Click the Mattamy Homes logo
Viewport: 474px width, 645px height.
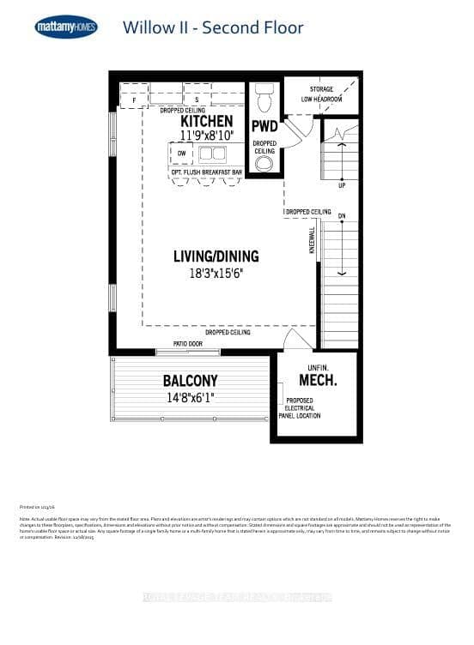(66, 27)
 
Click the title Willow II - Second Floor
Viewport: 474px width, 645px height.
(213, 27)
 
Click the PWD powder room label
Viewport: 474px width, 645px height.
(264, 127)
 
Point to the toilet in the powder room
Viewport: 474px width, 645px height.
(264, 98)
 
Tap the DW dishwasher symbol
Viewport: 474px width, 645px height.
(181, 154)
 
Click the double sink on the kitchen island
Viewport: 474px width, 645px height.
(211, 154)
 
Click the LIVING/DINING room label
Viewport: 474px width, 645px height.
(216, 256)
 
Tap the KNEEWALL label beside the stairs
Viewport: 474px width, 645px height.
(313, 239)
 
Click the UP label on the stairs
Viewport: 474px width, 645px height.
(341, 184)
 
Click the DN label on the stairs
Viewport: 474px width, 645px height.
(341, 215)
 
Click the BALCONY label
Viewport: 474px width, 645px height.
(190, 381)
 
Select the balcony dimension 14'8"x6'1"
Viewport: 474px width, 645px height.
(190, 397)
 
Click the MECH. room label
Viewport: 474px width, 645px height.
(317, 380)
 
